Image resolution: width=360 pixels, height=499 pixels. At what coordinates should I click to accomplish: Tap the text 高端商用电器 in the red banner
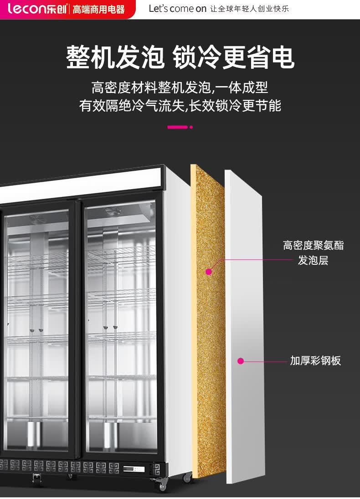pos(99,9)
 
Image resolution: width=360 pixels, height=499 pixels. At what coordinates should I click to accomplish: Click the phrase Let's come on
pos(178,9)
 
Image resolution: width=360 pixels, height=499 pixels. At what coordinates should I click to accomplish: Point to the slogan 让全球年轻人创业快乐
pos(249,9)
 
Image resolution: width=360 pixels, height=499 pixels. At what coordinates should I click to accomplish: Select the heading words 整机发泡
pos(115,57)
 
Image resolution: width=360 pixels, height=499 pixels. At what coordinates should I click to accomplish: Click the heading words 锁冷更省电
pos(233,57)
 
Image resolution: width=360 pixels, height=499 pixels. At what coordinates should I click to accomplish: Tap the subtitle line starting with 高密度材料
pos(180,87)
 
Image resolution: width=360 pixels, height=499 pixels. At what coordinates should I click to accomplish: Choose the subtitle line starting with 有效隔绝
pos(180,106)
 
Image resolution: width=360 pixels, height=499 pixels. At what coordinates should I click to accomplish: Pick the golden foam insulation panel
pos(208,319)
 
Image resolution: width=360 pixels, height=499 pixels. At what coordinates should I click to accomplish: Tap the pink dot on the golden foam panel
pos(209,272)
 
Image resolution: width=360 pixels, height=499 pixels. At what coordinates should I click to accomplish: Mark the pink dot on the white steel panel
pos(241,361)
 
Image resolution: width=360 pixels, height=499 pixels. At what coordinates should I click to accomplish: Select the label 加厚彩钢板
pos(315,361)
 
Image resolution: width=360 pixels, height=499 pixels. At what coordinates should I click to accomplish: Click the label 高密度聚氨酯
pos(313,246)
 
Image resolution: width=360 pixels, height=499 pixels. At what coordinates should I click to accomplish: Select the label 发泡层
pos(313,261)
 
